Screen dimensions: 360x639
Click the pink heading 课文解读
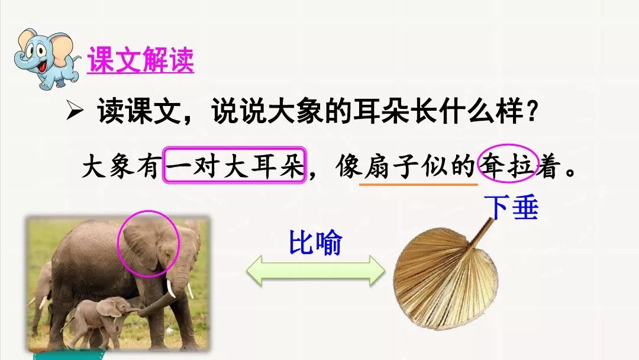coord(141,60)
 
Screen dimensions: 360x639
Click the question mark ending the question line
coord(532,112)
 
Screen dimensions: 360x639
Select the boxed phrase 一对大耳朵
coord(234,165)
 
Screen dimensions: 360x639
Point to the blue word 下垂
coord(511,208)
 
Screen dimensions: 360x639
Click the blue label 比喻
coord(315,243)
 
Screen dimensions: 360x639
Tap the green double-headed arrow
coord(315,270)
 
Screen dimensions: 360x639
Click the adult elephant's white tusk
coord(172,289)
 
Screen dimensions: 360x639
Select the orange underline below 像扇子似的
coord(418,184)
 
